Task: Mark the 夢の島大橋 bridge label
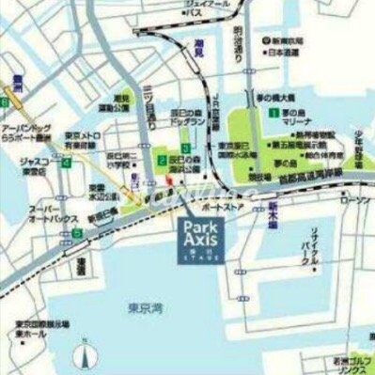pos(281,97)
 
